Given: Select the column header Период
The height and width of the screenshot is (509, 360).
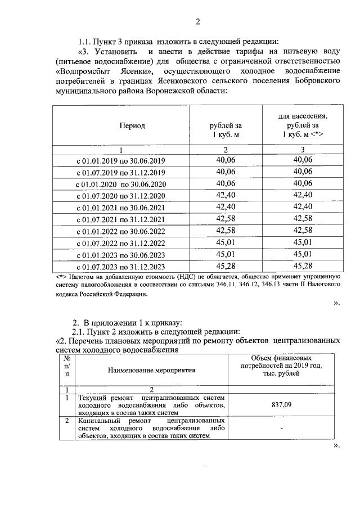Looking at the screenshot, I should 131,125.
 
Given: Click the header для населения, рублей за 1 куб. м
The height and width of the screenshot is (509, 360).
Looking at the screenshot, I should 303,125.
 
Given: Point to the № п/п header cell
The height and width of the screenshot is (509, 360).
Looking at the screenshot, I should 67,366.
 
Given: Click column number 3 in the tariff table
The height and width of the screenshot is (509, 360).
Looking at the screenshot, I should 303,149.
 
